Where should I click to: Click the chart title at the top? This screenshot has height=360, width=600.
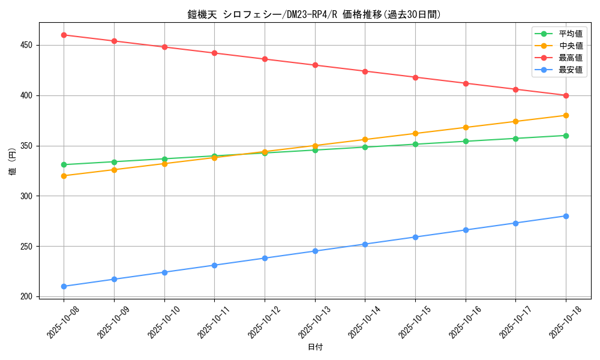[x=314, y=14]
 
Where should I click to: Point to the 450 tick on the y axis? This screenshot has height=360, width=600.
[x=28, y=45]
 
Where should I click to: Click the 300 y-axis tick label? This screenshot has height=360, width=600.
[x=28, y=196]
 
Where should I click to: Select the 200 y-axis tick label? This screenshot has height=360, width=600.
[x=28, y=296]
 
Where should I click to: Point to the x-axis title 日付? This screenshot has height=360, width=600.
[x=315, y=347]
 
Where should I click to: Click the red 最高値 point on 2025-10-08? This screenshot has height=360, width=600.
[x=64, y=35]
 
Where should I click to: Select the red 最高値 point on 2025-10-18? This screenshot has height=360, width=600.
[x=566, y=95]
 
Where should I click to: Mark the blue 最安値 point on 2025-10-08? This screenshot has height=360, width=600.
[x=64, y=286]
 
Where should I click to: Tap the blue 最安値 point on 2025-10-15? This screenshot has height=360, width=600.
[x=415, y=237]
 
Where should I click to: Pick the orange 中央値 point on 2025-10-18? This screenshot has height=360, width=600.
[x=566, y=115]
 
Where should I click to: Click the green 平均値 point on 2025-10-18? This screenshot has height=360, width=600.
[x=566, y=136]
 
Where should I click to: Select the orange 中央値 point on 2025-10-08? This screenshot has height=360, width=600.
[x=64, y=176]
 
